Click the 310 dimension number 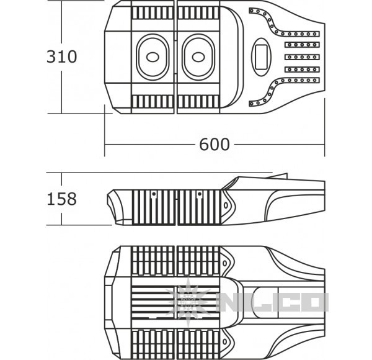(61, 56)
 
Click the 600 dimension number (215, 144)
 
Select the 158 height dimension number (61, 199)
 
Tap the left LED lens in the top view (153, 57)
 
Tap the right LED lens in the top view (198, 57)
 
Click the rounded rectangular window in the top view (261, 57)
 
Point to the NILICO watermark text (273, 302)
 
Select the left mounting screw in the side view (154, 194)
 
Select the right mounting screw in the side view (200, 194)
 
